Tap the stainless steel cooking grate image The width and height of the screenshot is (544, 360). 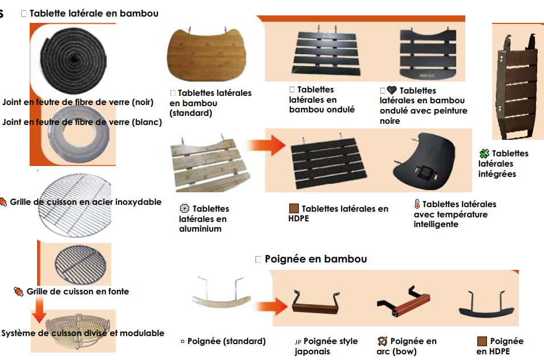[x=74, y=202]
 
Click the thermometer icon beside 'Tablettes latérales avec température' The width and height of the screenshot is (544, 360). [x=417, y=204]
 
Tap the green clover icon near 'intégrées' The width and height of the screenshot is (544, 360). [x=484, y=153]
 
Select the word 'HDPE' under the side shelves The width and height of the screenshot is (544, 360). [x=299, y=219]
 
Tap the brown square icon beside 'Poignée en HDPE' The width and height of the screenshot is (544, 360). [x=482, y=341]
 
